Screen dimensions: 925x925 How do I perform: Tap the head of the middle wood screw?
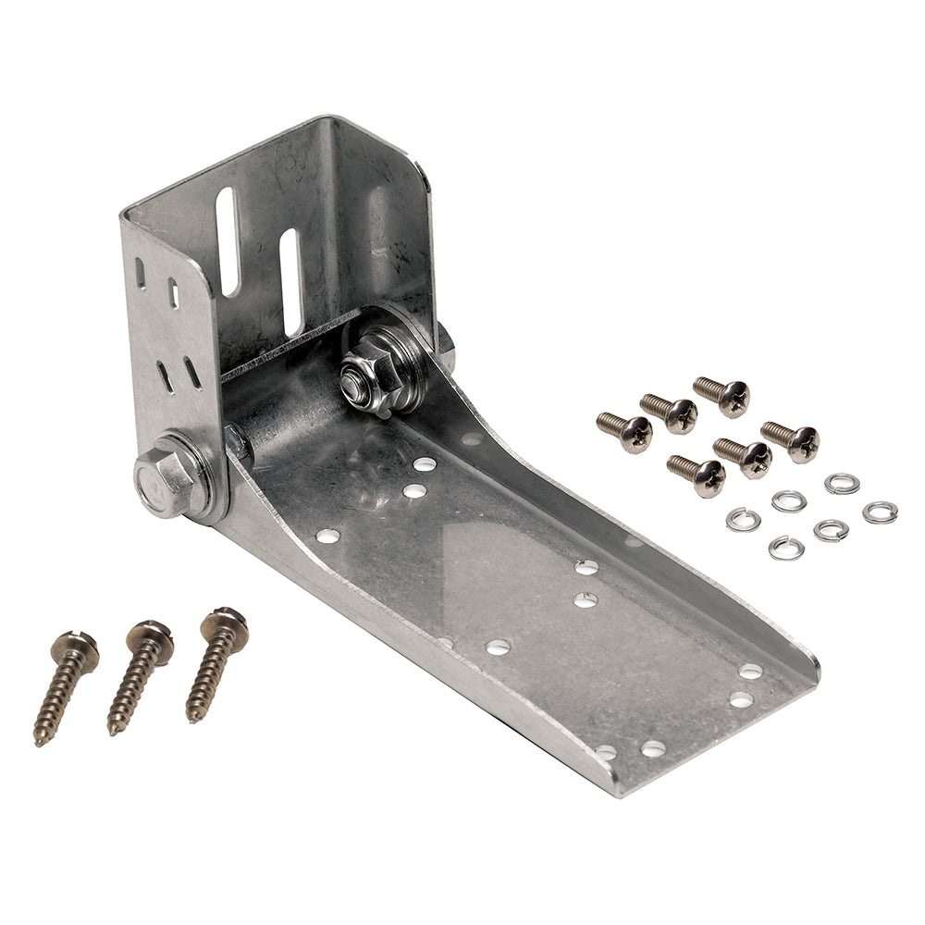[x=150, y=635]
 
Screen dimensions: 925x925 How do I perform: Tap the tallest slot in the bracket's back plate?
[x=227, y=241]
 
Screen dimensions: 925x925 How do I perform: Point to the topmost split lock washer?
[x=842, y=483]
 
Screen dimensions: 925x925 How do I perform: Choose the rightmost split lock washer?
[x=880, y=512]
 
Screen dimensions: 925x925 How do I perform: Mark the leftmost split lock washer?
[x=743, y=519]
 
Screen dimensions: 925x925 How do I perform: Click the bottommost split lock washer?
[x=785, y=547]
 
